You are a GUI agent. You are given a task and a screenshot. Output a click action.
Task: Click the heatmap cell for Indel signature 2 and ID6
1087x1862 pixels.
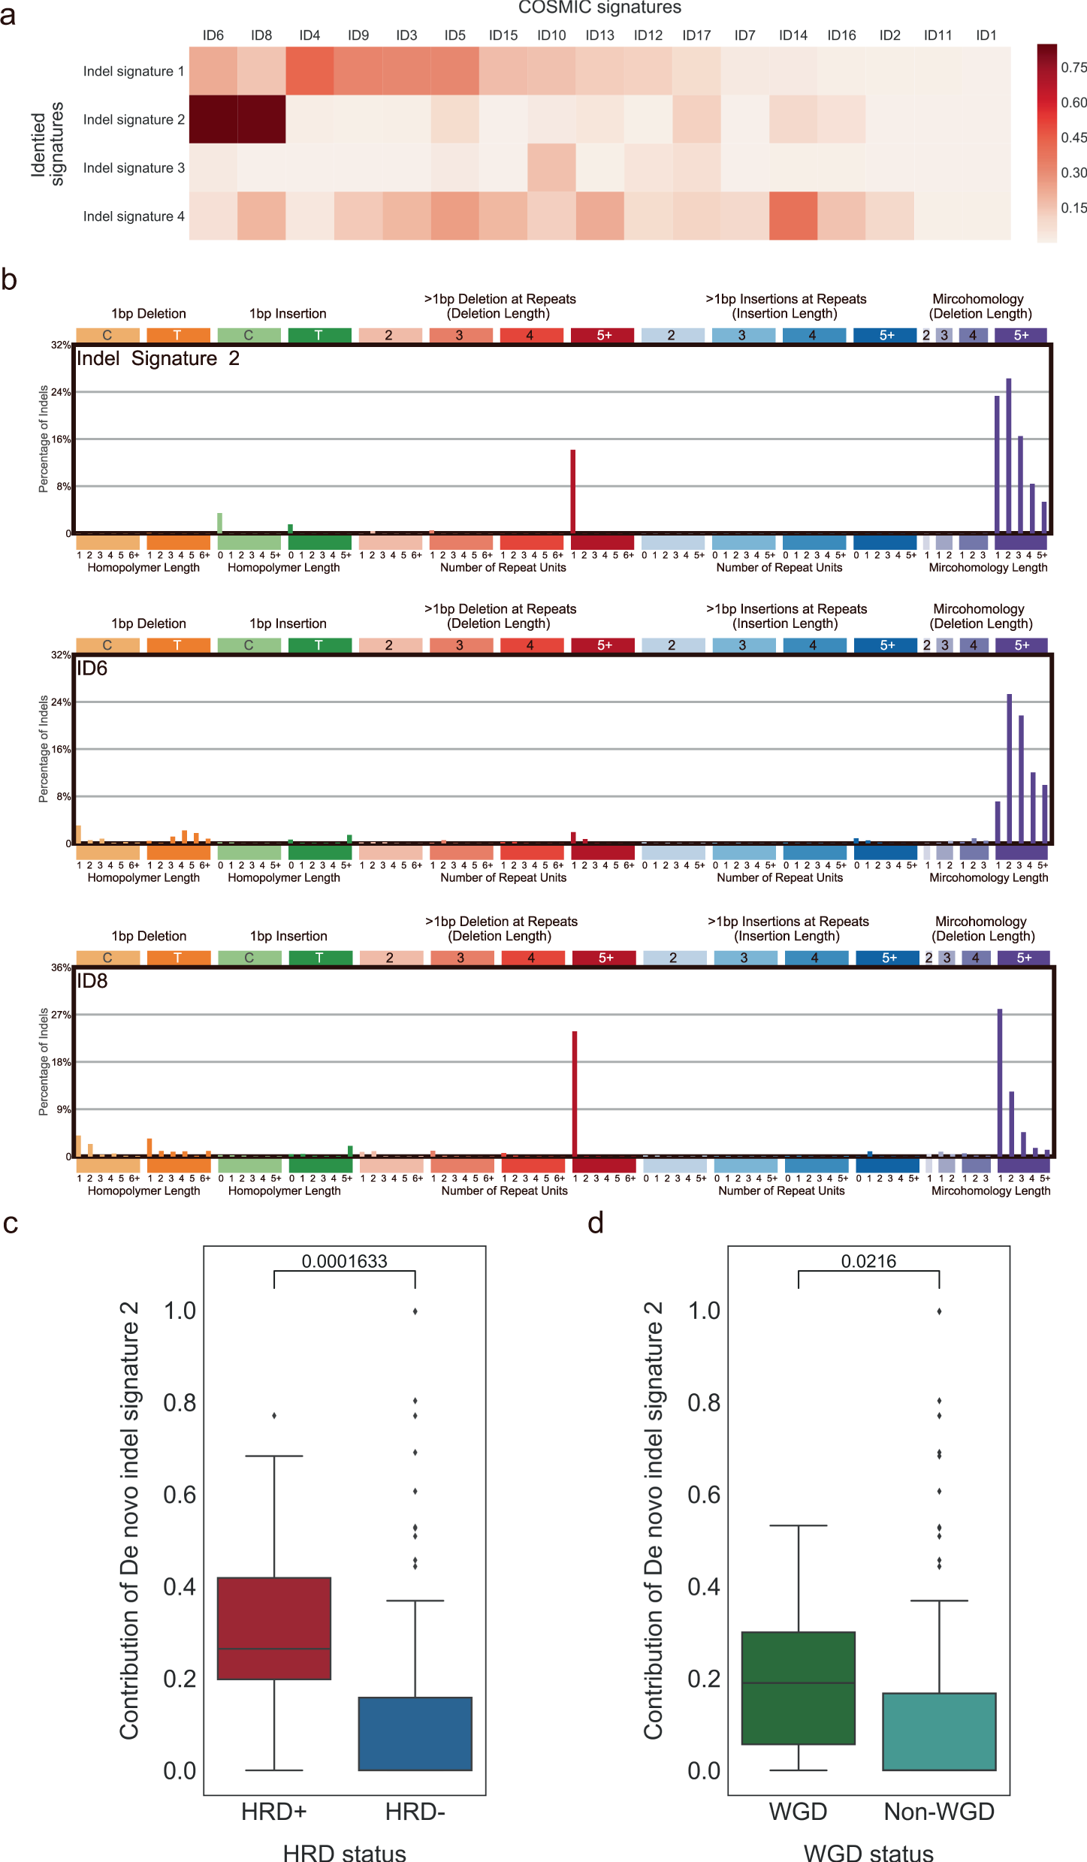point(213,119)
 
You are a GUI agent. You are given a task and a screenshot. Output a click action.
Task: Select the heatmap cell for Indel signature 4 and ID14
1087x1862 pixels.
point(793,216)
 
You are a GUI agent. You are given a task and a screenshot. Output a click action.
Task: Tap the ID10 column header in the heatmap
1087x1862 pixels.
point(551,35)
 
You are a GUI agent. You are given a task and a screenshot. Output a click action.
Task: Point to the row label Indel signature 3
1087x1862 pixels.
point(134,167)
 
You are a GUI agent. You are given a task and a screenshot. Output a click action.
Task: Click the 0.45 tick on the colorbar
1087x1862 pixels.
point(1073,137)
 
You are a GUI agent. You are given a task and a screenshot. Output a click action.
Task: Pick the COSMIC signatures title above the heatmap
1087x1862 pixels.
point(599,8)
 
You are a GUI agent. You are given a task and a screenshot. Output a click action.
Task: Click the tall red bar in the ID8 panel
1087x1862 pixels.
point(575,1092)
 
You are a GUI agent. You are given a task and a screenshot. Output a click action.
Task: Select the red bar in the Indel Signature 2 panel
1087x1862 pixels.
point(573,491)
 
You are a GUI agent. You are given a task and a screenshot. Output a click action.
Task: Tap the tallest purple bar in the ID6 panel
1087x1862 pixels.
point(1010,768)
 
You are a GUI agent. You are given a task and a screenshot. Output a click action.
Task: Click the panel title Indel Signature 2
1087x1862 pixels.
point(158,358)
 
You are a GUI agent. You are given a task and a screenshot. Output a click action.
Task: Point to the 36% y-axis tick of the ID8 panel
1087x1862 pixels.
point(61,967)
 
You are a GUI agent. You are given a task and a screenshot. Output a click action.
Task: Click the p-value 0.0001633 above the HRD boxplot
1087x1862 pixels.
point(344,1261)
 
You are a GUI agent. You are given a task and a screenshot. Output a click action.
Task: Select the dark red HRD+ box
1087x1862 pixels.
point(274,1628)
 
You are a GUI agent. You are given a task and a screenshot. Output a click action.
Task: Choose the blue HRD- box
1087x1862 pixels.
point(415,1734)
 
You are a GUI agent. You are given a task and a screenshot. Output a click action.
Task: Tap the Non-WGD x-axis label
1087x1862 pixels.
point(939,1812)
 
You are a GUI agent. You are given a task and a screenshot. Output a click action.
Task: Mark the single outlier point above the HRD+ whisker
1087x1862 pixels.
point(274,1416)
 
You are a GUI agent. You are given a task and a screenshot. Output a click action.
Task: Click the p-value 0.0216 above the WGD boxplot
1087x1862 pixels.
point(868,1261)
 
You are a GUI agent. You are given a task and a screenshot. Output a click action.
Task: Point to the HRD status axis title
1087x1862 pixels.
point(344,1852)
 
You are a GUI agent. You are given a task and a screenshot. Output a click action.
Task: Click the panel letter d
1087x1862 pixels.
point(596,1224)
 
